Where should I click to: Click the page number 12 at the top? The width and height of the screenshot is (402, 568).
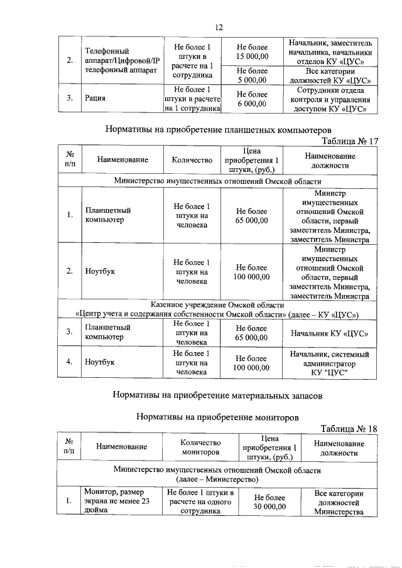click(x=219, y=27)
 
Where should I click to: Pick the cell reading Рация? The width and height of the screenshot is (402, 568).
click(x=95, y=98)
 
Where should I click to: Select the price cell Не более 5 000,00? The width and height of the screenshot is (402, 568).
click(x=252, y=75)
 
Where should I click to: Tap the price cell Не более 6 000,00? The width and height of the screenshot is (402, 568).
click(x=252, y=99)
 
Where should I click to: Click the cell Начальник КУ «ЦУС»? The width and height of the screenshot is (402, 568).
click(x=330, y=333)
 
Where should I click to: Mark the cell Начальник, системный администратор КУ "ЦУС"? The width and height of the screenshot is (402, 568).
click(x=330, y=363)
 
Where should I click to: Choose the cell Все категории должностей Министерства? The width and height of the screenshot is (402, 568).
click(x=339, y=502)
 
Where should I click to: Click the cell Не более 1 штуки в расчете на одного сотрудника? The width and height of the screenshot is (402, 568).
click(x=200, y=501)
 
